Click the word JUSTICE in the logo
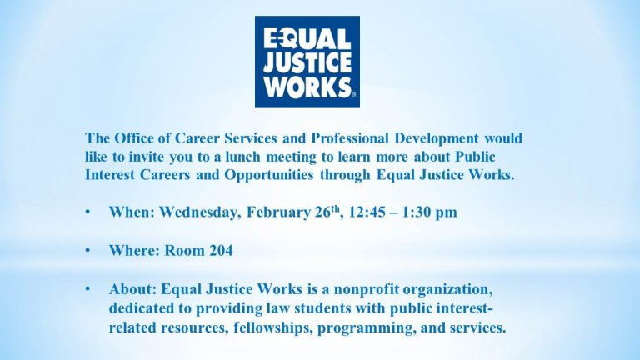click(x=307, y=63)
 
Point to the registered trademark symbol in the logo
click(x=353, y=95)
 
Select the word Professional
click(x=350, y=138)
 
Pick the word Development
click(x=437, y=138)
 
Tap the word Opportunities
click(x=269, y=175)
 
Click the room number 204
click(x=221, y=250)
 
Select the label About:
click(x=133, y=289)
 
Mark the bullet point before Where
click(x=87, y=250)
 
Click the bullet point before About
click(x=87, y=289)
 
